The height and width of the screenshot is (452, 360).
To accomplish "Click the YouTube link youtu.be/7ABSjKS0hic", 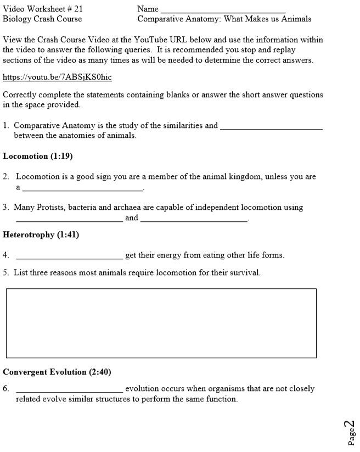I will coord(57,77).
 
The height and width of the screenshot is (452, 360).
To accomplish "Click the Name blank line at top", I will coord(223,10).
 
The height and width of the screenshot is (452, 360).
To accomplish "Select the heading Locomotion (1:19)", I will coord(38,157).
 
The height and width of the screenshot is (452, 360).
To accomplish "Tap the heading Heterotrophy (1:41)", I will coord(41,235).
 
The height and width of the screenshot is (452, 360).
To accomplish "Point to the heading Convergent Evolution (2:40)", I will coord(57,372).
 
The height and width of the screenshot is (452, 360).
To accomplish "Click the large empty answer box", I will coord(161,323).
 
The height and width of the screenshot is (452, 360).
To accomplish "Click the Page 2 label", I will coord(350,433).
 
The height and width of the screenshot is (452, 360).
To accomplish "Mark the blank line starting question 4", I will coord(69,258).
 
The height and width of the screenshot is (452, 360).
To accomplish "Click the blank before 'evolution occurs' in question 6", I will coord(69,391).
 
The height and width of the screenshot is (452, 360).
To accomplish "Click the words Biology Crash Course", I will coord(42,19).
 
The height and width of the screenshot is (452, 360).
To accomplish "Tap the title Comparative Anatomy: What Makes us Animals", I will coord(224,19).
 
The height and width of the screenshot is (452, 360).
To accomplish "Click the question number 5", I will coord(5,273).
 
